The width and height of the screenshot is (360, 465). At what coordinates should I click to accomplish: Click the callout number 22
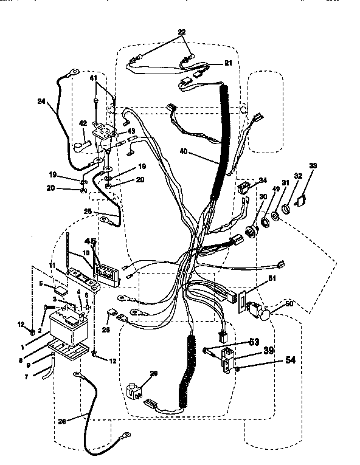coord(182,32)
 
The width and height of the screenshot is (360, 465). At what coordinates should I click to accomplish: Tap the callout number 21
coord(228,63)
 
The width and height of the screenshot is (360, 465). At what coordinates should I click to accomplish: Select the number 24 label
coord(41,102)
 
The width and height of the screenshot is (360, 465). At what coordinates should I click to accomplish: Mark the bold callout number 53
coord(254,343)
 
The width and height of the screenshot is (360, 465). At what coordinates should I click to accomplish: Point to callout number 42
coord(84,124)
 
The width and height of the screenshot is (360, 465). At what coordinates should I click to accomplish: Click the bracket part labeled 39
coord(229,356)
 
